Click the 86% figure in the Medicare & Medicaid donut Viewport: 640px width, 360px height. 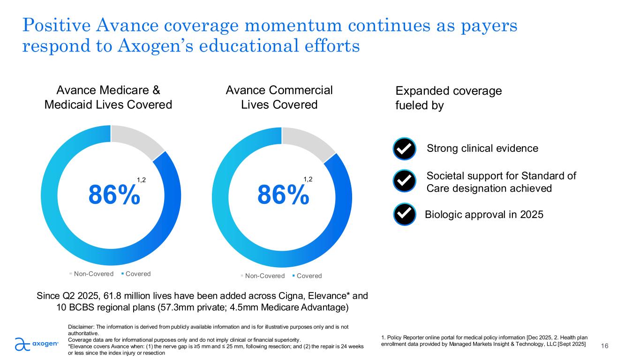click(114, 195)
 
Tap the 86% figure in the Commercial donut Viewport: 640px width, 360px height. click(283, 195)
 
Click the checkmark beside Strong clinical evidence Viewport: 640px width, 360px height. click(405, 149)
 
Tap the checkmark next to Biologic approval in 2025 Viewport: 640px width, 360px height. click(405, 215)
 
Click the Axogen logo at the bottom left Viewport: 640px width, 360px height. click(37, 344)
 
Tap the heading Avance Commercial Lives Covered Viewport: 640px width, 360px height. click(279, 97)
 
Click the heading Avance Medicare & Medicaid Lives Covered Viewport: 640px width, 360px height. click(108, 97)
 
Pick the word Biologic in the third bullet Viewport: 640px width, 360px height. click(441, 215)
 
